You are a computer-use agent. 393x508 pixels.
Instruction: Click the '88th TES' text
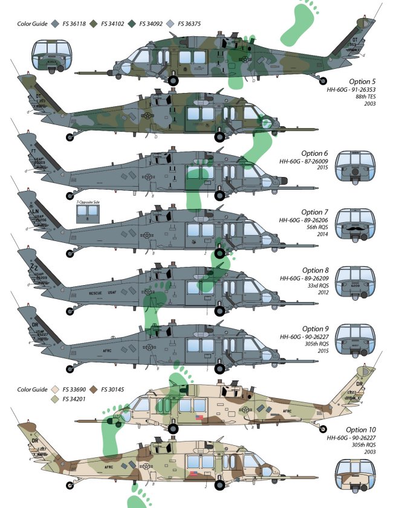[365, 96]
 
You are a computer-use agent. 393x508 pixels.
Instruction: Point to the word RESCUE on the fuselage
[97, 291]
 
